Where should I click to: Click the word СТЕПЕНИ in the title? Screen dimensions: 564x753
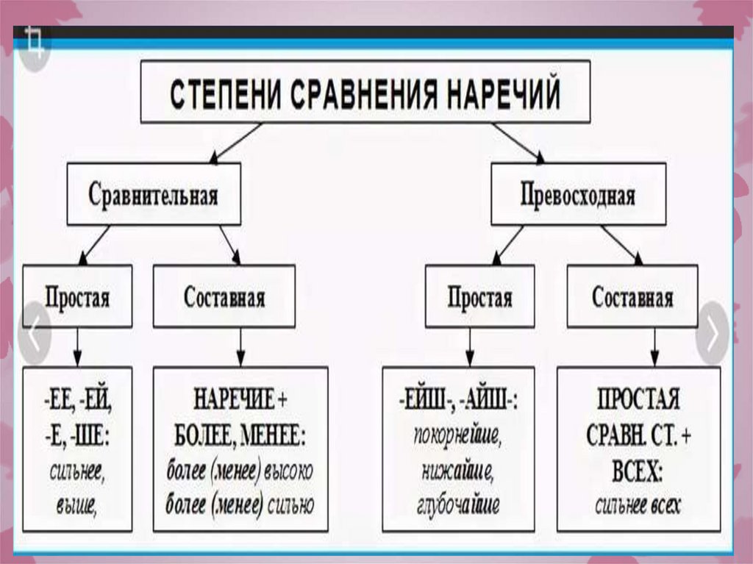click(221, 95)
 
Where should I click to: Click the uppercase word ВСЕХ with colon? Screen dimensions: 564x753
click(638, 471)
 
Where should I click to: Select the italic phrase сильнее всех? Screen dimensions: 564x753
click(638, 505)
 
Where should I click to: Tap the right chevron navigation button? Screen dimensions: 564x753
click(712, 333)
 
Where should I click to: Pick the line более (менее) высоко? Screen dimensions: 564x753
click(240, 471)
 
